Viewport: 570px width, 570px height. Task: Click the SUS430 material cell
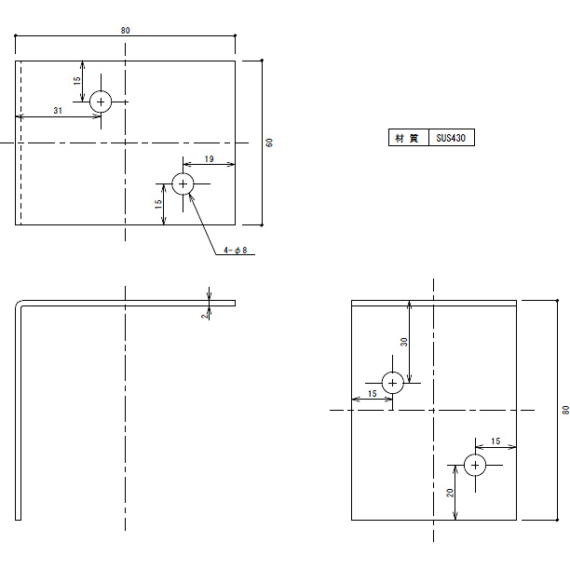pyautogui.click(x=452, y=138)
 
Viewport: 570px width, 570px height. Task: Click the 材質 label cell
pyautogui.click(x=409, y=138)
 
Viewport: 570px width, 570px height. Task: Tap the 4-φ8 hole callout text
pyautogui.click(x=236, y=251)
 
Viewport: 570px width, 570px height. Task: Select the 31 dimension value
pyautogui.click(x=58, y=111)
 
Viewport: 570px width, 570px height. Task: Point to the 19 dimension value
pyautogui.click(x=209, y=159)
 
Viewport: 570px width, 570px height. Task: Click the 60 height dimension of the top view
pyautogui.click(x=269, y=142)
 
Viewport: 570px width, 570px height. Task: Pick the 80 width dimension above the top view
pyautogui.click(x=126, y=31)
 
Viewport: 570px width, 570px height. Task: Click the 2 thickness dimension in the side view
pyautogui.click(x=205, y=316)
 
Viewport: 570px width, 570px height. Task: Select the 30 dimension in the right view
pyautogui.click(x=404, y=342)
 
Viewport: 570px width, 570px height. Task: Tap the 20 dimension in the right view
pyautogui.click(x=450, y=493)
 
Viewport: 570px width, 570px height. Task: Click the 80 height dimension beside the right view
pyautogui.click(x=565, y=410)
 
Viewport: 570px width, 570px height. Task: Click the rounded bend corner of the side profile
pyautogui.click(x=18, y=303)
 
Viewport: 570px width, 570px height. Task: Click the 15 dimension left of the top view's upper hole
pyautogui.click(x=76, y=81)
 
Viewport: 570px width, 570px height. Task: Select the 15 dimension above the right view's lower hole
pyautogui.click(x=495, y=441)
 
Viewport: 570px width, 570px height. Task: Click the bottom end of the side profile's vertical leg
pyautogui.click(x=19, y=520)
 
